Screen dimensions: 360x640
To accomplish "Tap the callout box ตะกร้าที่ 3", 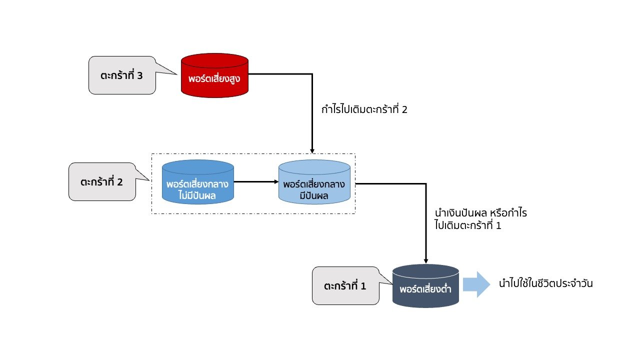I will coord(121,75).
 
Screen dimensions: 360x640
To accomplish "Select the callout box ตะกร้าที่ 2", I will coord(101,182).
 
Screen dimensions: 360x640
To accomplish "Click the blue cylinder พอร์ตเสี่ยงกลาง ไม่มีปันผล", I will coord(198,182).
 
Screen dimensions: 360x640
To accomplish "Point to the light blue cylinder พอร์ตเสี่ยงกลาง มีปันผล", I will coord(314,183).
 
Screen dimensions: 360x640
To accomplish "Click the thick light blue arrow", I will coord(476,284).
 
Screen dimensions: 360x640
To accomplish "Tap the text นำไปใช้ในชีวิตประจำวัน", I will coord(546,284).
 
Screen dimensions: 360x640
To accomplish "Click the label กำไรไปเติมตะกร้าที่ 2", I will coord(364,109).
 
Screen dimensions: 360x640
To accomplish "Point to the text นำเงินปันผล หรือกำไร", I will coord(481,213).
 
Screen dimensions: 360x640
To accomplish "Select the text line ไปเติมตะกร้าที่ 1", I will coord(468,225).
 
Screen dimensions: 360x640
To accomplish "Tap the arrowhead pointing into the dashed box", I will coord(312,150).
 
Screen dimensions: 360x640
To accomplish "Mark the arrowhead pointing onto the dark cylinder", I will coord(426,260).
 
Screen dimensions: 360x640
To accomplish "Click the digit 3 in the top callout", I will coord(139,76).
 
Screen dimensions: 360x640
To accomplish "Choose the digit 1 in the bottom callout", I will coord(363,286).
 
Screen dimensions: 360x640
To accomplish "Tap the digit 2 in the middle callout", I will coord(119,182).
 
